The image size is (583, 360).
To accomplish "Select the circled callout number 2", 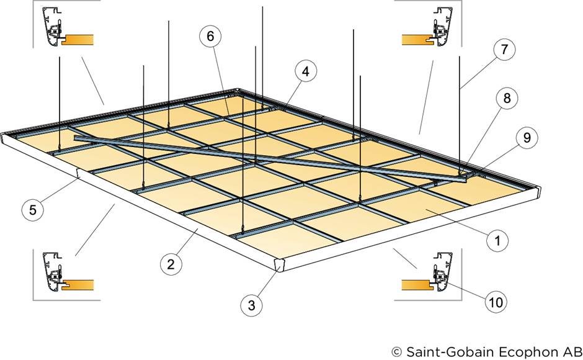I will pos(171,264).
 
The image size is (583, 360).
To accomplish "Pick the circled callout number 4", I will pos(305,72).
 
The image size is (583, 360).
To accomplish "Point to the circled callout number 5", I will pos(32,209).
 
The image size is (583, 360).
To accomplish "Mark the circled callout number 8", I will pos(507,98).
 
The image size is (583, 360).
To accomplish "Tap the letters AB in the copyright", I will pos(569,351).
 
